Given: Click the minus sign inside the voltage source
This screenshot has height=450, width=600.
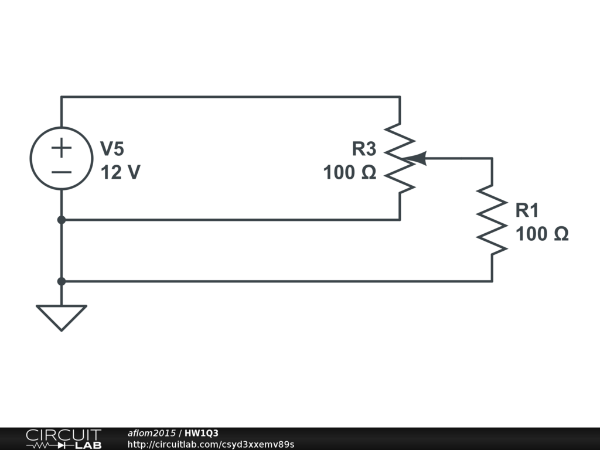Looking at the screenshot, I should [61, 172].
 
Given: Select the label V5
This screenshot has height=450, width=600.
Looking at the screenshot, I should [112, 149].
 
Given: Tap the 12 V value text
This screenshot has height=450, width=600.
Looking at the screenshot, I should [120, 173].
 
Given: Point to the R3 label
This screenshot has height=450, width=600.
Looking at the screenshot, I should [363, 149].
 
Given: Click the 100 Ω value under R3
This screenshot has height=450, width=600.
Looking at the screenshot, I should [350, 173].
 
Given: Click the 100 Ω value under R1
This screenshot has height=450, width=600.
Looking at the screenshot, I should [542, 234].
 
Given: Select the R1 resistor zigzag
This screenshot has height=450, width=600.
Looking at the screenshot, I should [492, 220].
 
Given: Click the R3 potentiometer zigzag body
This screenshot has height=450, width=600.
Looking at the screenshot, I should [400, 158].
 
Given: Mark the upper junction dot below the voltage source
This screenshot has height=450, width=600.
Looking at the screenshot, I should [61, 220].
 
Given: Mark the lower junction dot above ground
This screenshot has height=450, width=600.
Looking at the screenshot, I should [61, 281].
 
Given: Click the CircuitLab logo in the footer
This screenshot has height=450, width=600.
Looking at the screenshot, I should [63, 439].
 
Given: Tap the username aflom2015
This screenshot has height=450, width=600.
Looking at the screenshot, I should [151, 433].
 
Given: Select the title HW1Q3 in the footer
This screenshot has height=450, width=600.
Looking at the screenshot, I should [202, 433].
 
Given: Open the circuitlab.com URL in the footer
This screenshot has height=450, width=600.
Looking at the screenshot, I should [210, 444].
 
